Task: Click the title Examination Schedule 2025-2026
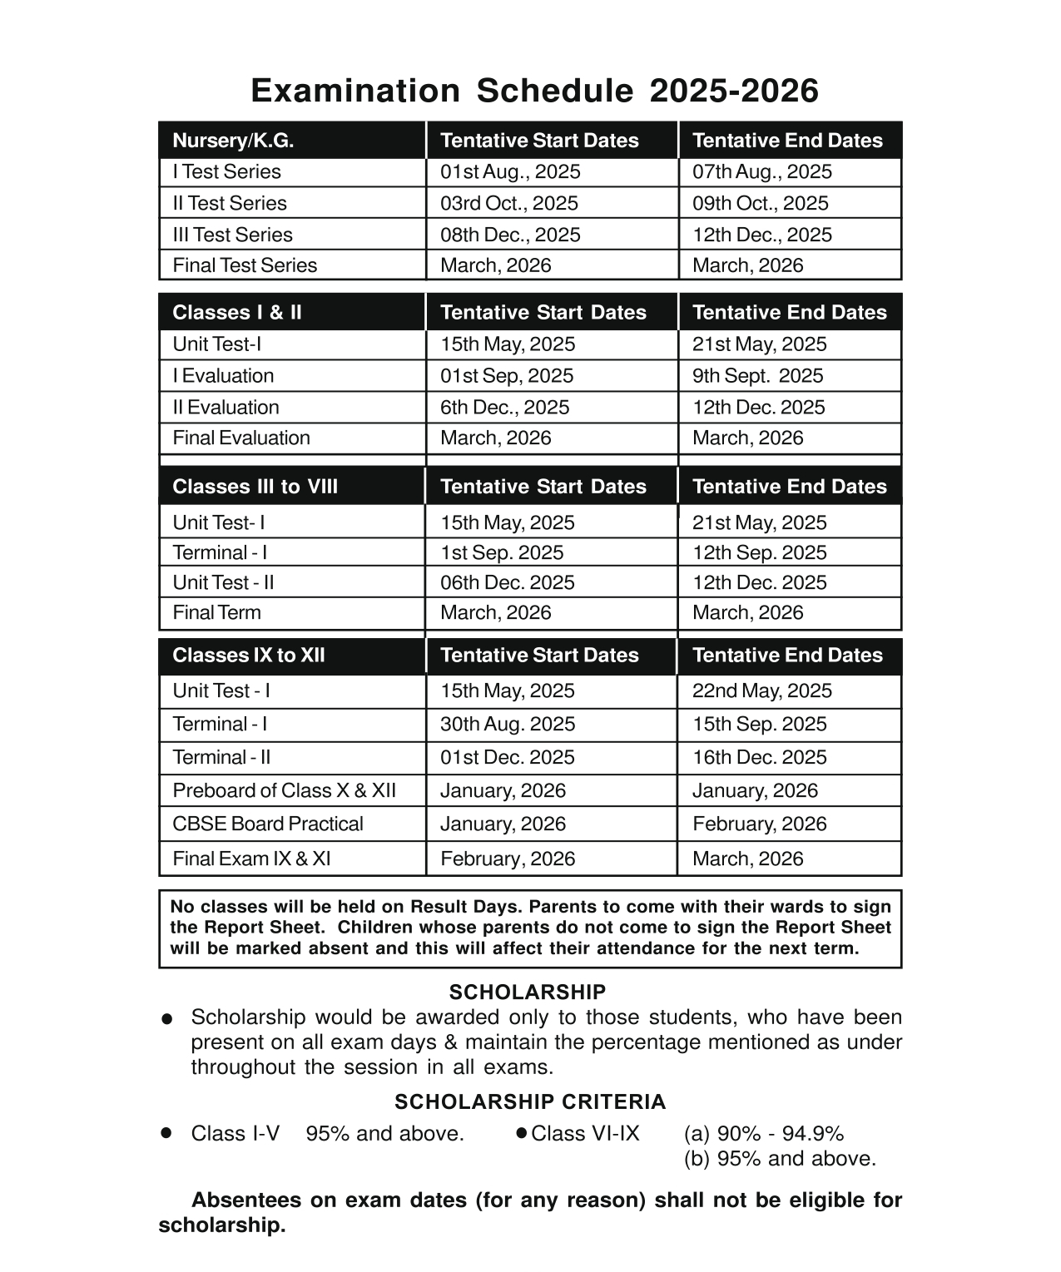534,91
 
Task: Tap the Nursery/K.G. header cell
233,141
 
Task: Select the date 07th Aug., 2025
761,172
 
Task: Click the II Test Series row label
230,204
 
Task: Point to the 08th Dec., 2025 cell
510,235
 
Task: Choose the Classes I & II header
237,313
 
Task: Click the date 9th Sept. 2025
757,376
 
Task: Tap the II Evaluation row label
226,408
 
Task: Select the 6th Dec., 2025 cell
504,408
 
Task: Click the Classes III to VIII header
255,487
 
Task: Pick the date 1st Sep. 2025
502,553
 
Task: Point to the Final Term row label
216,613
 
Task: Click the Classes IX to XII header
249,656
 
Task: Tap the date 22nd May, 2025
761,691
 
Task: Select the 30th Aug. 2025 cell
508,725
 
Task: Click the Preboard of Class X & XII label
284,791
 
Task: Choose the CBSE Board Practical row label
268,824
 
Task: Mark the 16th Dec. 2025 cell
759,758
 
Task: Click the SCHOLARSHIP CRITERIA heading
530,1102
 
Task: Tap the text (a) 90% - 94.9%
763,1134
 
